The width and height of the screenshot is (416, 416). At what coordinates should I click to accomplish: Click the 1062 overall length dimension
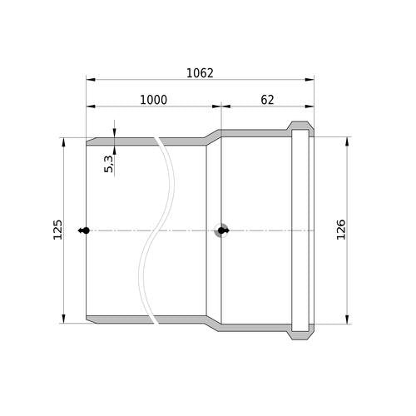pos(200,73)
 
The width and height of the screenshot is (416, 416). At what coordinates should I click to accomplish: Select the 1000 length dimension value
pos(153,100)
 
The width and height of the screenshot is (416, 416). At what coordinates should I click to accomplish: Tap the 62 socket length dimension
pos(267,100)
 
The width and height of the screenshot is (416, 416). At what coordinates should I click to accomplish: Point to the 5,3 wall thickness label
pos(109,164)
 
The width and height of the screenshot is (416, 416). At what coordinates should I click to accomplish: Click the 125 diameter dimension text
pos(57,230)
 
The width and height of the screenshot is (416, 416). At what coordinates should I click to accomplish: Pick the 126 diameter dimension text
pos(341,230)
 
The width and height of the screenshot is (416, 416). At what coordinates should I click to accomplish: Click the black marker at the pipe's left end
pos(84,230)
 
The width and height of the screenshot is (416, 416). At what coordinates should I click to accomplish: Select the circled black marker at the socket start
pos(221,230)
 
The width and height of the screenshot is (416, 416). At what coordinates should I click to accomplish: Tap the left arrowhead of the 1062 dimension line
pos(91,80)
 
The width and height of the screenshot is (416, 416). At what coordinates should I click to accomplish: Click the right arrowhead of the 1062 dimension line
pos(310,80)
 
